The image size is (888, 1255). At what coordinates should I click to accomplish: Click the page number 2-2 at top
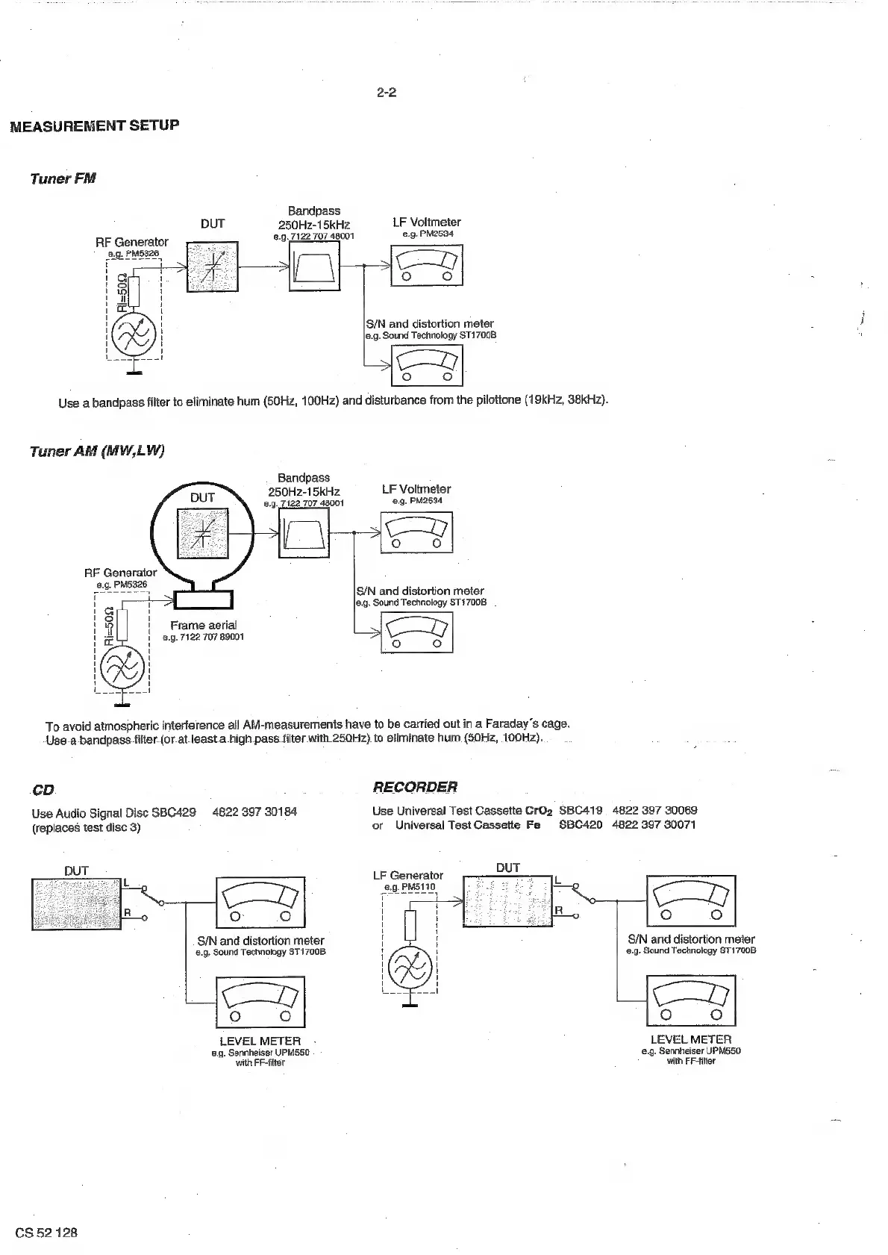tap(386, 93)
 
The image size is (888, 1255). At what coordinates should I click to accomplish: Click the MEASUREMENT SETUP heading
tap(95, 125)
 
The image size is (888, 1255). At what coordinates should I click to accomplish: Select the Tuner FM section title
tap(63, 178)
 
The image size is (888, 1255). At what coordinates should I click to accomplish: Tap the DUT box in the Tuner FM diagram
tap(212, 266)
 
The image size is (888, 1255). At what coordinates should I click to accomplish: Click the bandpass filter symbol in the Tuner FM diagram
tap(314, 266)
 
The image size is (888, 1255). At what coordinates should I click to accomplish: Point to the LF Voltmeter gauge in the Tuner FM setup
tap(426, 265)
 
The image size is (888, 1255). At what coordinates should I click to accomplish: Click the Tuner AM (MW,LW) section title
tap(97, 451)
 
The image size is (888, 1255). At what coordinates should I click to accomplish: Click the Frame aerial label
tap(203, 626)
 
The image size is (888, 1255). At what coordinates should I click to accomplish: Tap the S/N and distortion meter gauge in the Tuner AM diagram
tap(416, 632)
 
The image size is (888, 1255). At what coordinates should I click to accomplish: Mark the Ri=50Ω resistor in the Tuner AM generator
tap(122, 624)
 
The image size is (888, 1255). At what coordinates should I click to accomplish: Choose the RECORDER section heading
tap(415, 787)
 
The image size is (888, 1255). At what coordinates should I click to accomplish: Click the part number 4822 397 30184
tap(254, 812)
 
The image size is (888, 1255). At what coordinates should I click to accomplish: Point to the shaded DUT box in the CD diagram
tap(76, 903)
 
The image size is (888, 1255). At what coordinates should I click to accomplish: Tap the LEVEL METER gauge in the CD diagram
tap(260, 1003)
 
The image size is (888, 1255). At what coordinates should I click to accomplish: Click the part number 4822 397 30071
tap(654, 825)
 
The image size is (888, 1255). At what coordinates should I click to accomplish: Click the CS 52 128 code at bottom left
tap(46, 1232)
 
